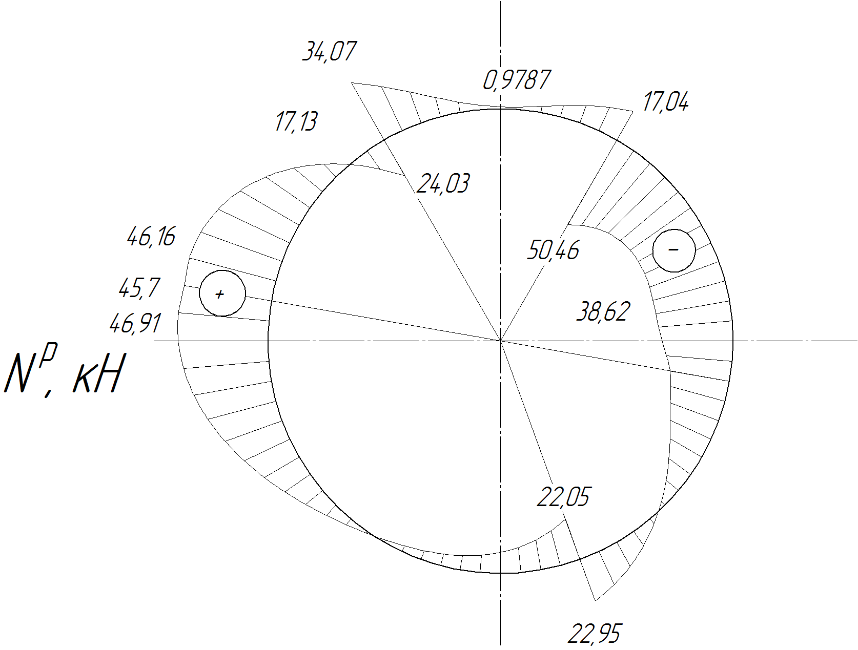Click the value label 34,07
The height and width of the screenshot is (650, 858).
pyautogui.click(x=330, y=51)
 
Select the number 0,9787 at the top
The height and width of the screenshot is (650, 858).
pyautogui.click(x=517, y=80)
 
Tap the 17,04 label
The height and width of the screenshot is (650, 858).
pyautogui.click(x=666, y=102)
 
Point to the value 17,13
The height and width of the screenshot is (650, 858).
pyautogui.click(x=296, y=121)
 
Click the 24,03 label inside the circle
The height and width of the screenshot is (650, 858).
pyautogui.click(x=442, y=183)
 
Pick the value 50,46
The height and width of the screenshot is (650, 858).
pyautogui.click(x=553, y=250)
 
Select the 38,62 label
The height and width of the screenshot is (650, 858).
pyautogui.click(x=604, y=312)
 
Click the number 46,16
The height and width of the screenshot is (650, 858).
pyautogui.click(x=151, y=236)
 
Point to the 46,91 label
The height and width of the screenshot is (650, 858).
pyautogui.click(x=135, y=324)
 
